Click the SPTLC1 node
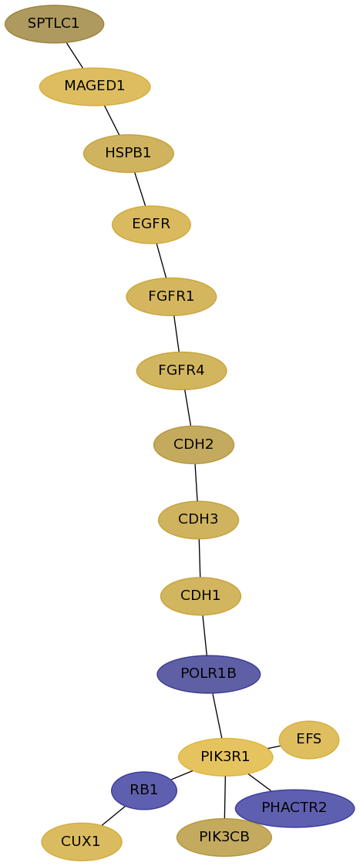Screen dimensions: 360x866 click(x=54, y=24)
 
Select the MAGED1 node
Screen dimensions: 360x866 click(x=95, y=86)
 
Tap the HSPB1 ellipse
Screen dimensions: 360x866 click(x=129, y=153)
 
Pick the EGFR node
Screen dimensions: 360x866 click(x=151, y=224)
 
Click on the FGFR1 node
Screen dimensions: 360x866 click(x=171, y=297)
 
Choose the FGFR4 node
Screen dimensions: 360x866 click(x=182, y=371)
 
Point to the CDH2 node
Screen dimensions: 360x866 click(x=193, y=445)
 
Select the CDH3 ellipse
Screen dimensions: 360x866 click(x=198, y=520)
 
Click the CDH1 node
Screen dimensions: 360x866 click(x=200, y=596)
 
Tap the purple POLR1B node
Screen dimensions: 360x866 click(x=209, y=674)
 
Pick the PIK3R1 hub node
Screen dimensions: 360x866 click(x=225, y=756)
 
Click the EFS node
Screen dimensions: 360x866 click(x=309, y=740)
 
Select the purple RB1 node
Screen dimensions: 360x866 click(x=144, y=790)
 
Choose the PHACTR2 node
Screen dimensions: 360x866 click(x=294, y=808)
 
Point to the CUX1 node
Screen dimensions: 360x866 click(x=82, y=841)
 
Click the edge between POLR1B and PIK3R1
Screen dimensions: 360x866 click(x=217, y=715)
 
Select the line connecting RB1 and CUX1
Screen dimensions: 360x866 click(x=113, y=816)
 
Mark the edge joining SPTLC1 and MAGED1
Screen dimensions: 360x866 click(x=75, y=56)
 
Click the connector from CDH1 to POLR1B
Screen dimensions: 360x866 click(x=205, y=635)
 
